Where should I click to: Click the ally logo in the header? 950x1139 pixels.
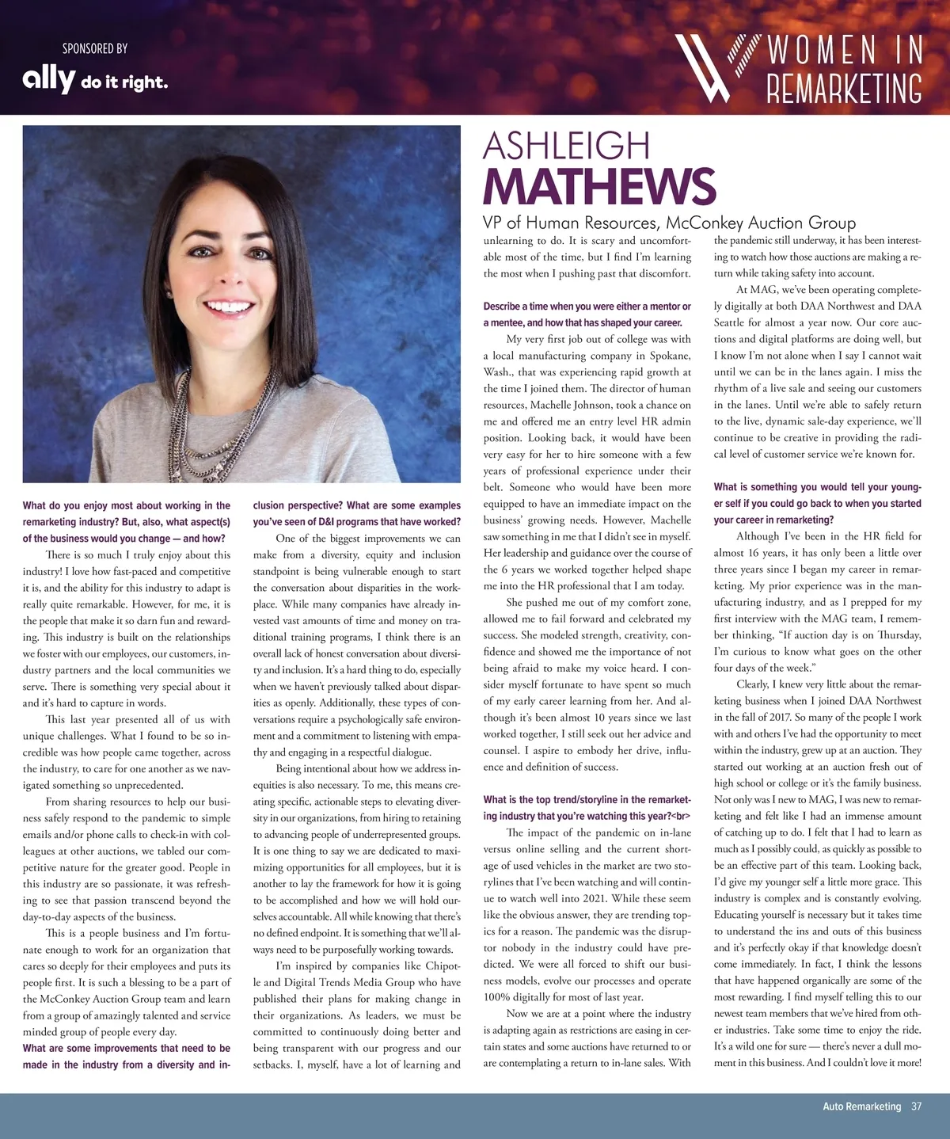pyautogui.click(x=48, y=79)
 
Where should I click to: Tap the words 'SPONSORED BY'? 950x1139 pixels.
pyautogui.click(x=95, y=48)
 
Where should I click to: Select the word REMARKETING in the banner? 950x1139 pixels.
pyautogui.click(x=844, y=88)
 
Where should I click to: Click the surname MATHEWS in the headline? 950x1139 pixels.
pyautogui.click(x=599, y=186)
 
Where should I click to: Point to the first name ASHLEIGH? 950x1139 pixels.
pyautogui.click(x=566, y=146)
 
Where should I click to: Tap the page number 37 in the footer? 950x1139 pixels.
pyautogui.click(x=916, y=1107)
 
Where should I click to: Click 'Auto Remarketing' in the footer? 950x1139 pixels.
pyautogui.click(x=861, y=1107)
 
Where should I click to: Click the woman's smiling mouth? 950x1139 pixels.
pyautogui.click(x=229, y=307)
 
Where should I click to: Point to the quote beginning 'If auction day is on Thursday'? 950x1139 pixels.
pyautogui.click(x=847, y=635)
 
